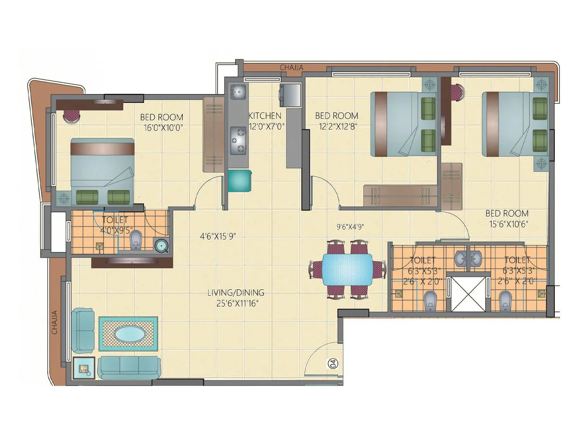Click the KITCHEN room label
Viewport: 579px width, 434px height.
click(265, 116)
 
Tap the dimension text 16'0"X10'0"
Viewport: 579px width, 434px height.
click(163, 128)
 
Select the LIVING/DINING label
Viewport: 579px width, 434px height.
click(236, 293)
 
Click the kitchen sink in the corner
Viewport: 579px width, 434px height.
click(238, 92)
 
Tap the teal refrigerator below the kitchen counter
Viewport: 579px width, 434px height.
click(239, 180)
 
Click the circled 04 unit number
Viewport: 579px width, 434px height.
click(333, 363)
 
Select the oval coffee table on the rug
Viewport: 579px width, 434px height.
click(128, 334)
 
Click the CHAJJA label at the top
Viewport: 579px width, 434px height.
click(291, 67)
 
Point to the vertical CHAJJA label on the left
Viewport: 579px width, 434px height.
click(55, 322)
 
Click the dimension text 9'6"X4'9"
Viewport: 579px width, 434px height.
click(350, 227)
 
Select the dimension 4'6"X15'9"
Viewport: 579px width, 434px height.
click(218, 236)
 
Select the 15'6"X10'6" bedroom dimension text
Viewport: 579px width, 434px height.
click(508, 224)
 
